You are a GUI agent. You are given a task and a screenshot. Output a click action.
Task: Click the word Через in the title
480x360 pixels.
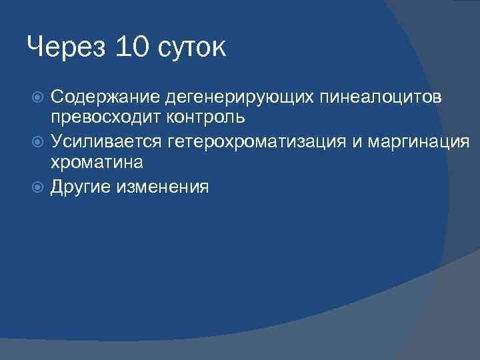(x=65, y=47)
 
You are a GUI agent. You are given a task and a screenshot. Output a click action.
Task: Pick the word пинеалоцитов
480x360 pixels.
(x=381, y=99)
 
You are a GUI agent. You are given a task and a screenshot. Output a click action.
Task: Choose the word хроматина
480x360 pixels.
(x=97, y=161)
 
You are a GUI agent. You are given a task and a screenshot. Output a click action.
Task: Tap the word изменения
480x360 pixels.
(x=162, y=187)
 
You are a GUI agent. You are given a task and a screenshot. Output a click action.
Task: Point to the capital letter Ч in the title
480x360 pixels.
(x=36, y=47)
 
